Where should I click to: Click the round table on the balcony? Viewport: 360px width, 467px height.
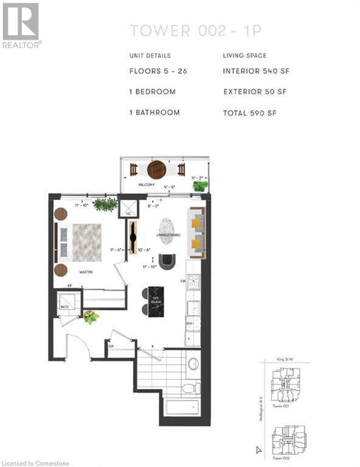pos(156,168)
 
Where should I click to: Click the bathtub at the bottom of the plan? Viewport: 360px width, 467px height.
pos(182,407)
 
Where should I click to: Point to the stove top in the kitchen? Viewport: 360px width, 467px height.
pos(193,282)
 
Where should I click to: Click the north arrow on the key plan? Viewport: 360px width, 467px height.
pos(259,450)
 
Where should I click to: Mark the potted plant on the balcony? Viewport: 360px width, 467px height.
pos(200,185)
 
